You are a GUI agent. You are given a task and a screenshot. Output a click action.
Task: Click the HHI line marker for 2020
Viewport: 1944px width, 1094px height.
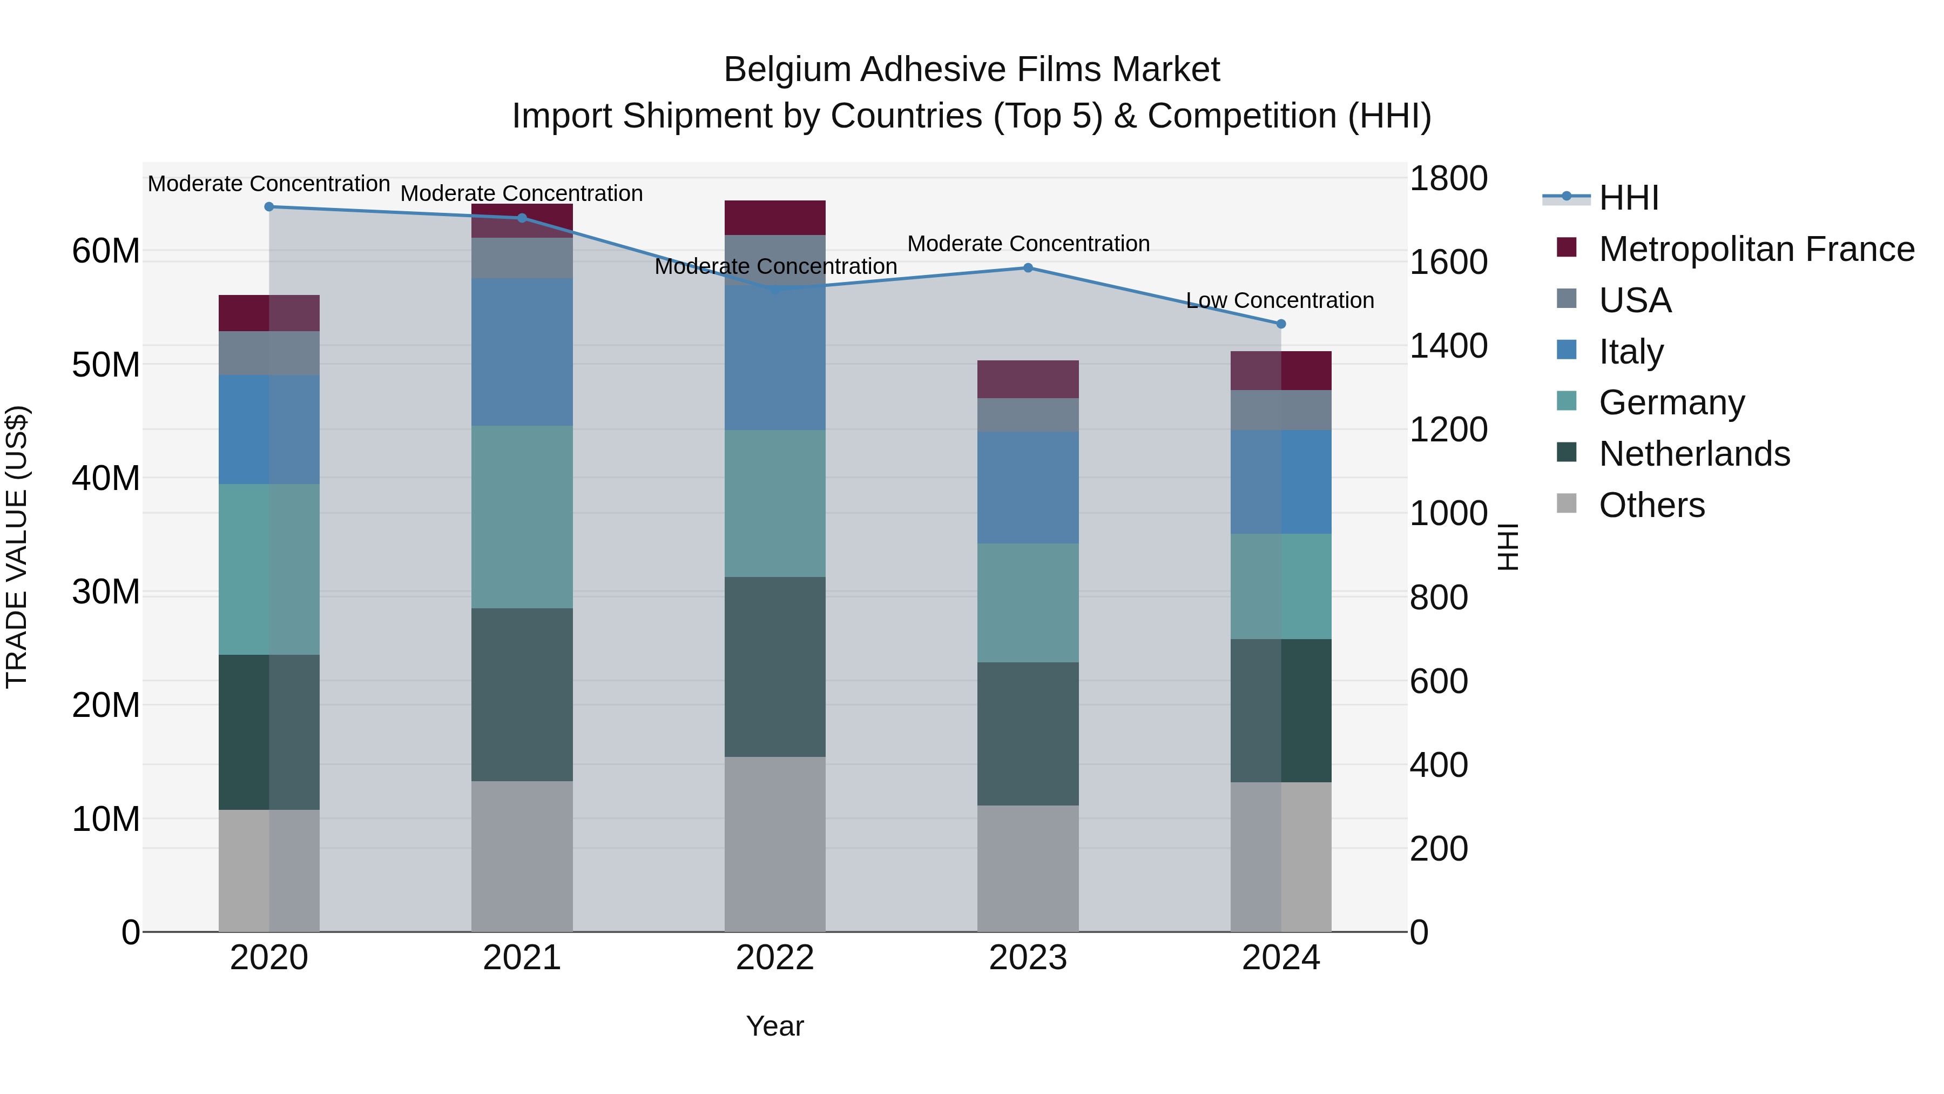click(269, 207)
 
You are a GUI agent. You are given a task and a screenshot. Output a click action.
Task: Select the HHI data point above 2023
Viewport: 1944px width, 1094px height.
click(1028, 268)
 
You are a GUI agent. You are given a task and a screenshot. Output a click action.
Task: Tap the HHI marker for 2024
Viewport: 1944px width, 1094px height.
click(1281, 324)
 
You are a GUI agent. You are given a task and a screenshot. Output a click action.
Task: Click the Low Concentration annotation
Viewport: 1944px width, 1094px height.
click(1279, 300)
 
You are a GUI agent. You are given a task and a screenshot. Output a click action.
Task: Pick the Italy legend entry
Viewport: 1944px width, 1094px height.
click(1631, 352)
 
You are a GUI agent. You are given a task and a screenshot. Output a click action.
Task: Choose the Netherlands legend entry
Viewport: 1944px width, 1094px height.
click(1693, 454)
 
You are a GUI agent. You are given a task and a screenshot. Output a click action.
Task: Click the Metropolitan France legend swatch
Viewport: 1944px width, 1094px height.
click(1567, 247)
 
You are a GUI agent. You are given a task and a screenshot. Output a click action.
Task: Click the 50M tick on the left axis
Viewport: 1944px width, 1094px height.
click(106, 365)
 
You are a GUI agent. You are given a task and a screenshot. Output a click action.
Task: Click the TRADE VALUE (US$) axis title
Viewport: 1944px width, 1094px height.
click(17, 547)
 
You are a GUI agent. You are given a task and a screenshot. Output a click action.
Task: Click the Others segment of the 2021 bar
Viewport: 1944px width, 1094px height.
click(522, 856)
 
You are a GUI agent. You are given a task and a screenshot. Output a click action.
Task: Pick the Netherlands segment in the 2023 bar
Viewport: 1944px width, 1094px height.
click(1028, 734)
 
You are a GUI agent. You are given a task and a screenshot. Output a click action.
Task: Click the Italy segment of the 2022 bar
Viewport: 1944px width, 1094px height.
click(774, 359)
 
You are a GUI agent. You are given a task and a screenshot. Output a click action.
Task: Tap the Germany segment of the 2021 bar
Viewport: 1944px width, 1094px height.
click(522, 517)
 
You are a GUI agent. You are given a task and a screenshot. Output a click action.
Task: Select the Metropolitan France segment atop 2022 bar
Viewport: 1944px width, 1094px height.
click(774, 218)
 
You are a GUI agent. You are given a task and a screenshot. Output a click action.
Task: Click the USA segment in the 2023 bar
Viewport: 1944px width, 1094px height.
click(1028, 415)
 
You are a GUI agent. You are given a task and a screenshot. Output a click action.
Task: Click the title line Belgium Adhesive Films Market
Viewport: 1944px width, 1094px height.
click(971, 70)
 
